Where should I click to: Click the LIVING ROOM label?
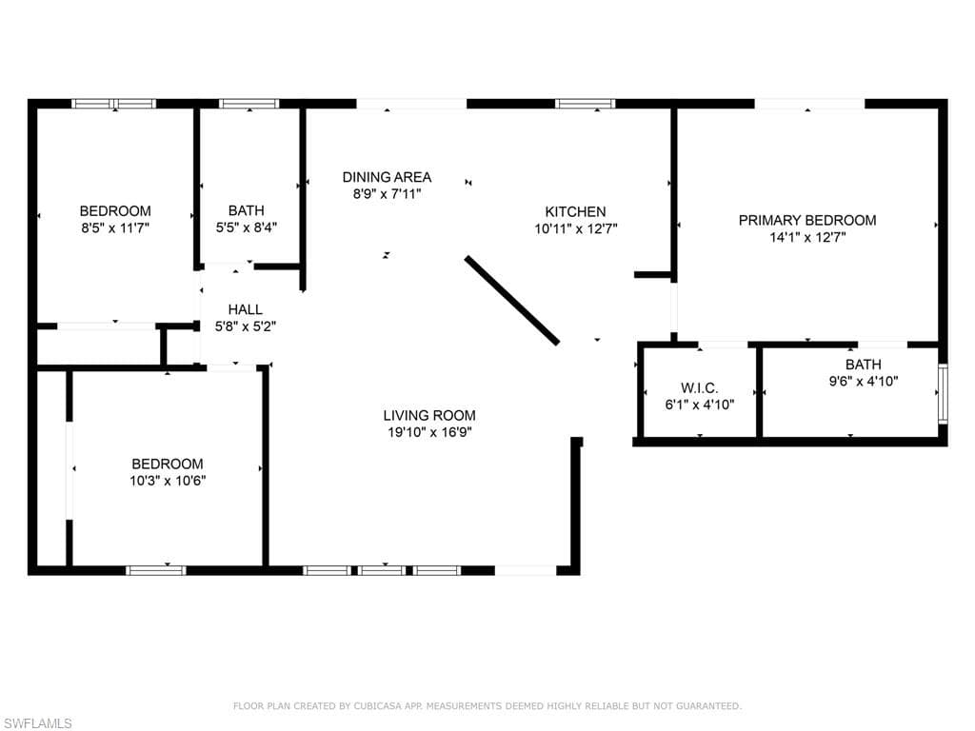(x=429, y=415)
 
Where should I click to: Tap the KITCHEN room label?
(x=575, y=211)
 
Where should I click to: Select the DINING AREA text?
(x=387, y=177)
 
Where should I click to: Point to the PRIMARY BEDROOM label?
(x=807, y=220)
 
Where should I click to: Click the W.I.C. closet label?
(x=700, y=388)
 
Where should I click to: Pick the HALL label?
(x=245, y=309)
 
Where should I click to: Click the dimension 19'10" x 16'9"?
(x=429, y=432)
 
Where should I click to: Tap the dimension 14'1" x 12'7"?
(x=807, y=237)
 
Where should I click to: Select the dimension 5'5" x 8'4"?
(x=247, y=227)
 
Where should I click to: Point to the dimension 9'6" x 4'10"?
(x=863, y=381)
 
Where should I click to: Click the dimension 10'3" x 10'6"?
(x=168, y=481)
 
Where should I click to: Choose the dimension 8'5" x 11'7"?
(x=115, y=228)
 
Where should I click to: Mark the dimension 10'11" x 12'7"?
(x=576, y=228)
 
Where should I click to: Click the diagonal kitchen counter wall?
(x=511, y=300)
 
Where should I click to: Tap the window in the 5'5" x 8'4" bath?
(x=249, y=104)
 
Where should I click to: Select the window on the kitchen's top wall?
(x=586, y=104)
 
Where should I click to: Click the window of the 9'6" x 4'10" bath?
(x=943, y=394)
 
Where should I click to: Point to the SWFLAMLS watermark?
(x=36, y=723)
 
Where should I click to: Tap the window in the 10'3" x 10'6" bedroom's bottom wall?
(x=155, y=570)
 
